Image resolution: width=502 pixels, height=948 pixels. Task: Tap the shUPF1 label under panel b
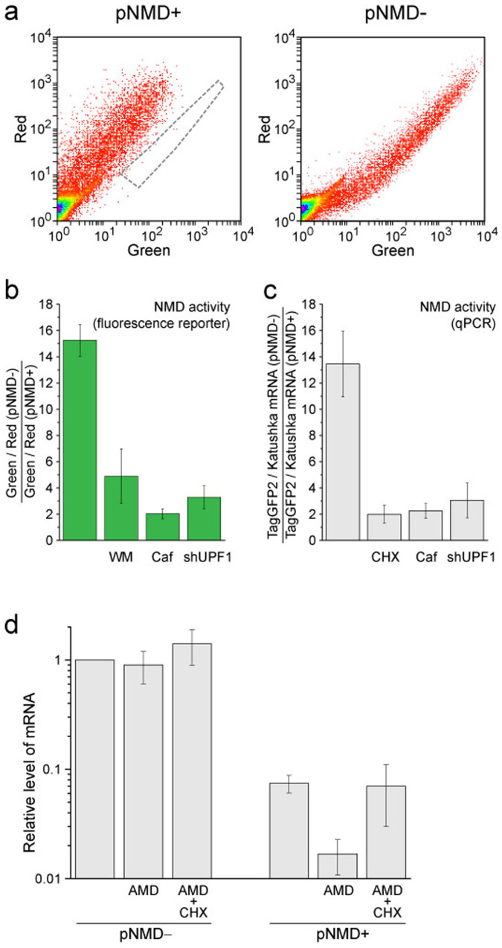(204, 556)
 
